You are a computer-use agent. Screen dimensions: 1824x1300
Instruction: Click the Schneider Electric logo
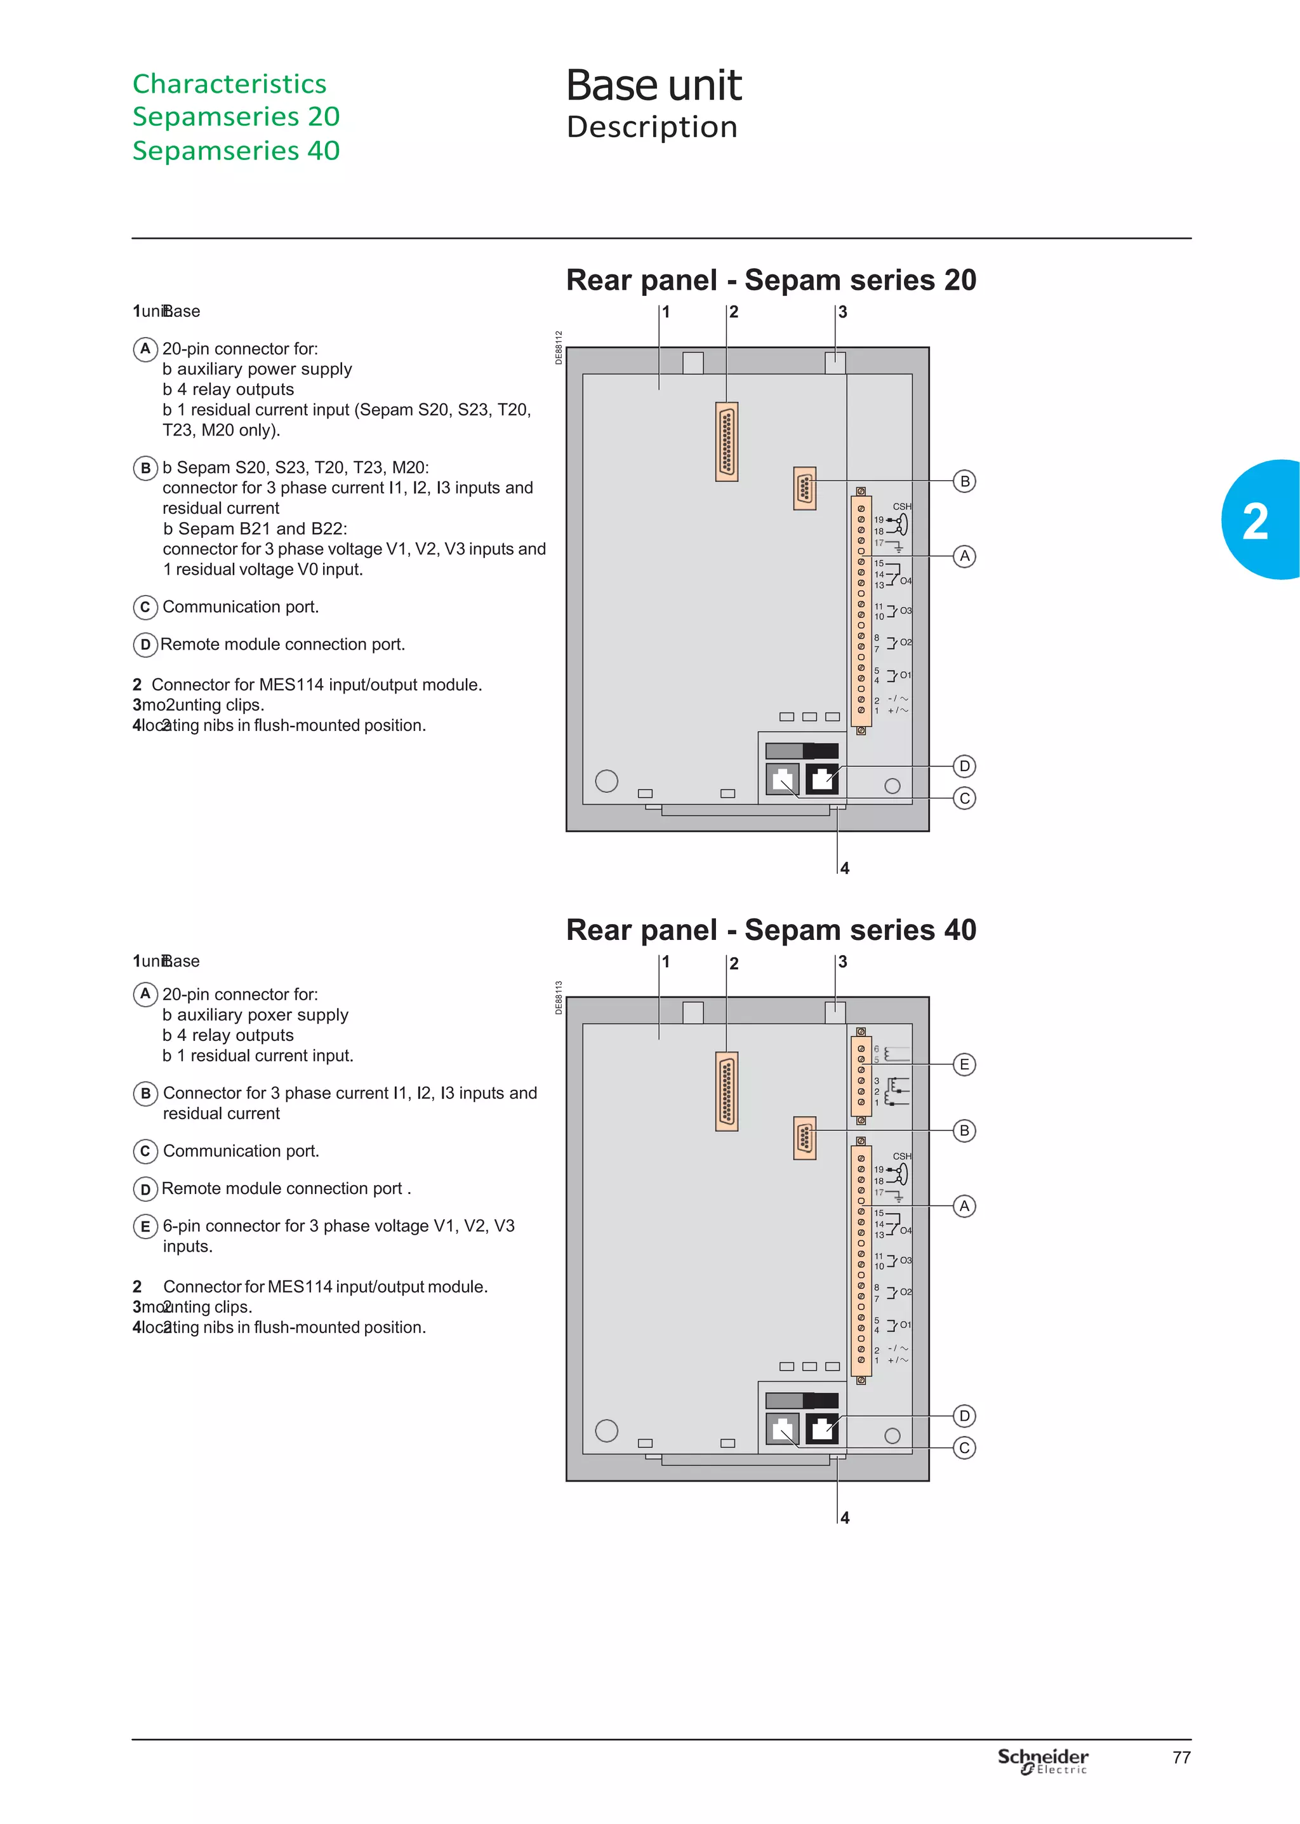(x=1042, y=1760)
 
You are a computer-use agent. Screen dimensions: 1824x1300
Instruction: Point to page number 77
(x=1181, y=1757)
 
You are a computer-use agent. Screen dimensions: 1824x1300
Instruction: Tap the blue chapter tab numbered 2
(x=1258, y=520)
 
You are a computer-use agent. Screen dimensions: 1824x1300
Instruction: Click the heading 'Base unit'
(x=653, y=86)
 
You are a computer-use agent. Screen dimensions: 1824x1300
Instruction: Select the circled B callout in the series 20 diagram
(x=965, y=481)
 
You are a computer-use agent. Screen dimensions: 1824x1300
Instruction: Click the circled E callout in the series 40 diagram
(x=965, y=1064)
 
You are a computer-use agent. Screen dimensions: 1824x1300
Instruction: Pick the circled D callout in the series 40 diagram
(x=965, y=1416)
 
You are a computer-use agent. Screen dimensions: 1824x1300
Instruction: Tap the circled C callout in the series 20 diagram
(x=965, y=798)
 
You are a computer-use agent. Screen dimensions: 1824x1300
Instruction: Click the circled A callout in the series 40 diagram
(x=965, y=1206)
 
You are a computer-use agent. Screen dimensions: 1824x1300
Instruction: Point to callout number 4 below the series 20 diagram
(x=844, y=868)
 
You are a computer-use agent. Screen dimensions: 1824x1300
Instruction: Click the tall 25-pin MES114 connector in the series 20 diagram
(x=727, y=441)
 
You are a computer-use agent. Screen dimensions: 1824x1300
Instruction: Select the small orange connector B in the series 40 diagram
(x=804, y=1138)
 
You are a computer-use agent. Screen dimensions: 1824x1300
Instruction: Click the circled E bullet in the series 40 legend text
(x=145, y=1226)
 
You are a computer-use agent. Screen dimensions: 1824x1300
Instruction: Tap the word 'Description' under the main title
(x=652, y=127)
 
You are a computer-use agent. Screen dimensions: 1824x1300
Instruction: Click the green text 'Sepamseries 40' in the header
(x=236, y=151)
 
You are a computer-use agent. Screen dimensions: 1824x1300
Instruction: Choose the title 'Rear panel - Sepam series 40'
(x=771, y=930)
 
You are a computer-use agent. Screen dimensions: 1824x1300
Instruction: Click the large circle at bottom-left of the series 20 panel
(x=607, y=781)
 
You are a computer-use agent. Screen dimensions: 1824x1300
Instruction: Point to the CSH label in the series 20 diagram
(x=902, y=506)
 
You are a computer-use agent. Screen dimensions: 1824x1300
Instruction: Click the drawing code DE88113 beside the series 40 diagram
(x=559, y=998)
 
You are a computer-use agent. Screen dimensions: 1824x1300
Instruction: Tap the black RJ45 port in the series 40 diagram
(x=822, y=1428)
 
